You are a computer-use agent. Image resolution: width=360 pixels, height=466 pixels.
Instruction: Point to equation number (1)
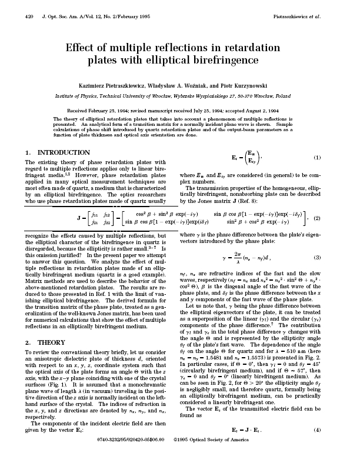tap(317, 158)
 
